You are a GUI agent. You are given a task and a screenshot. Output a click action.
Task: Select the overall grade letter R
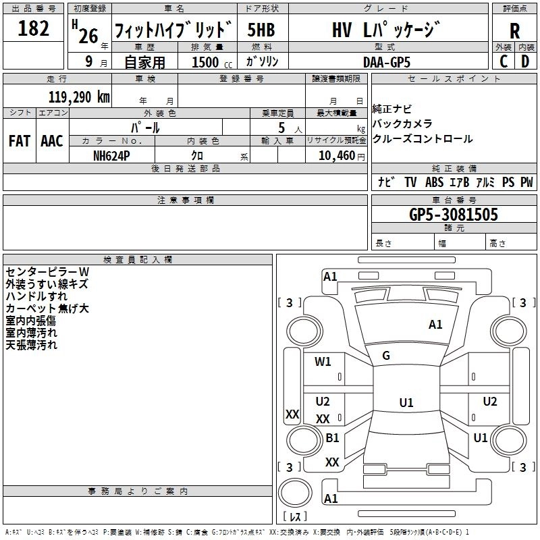[514, 30]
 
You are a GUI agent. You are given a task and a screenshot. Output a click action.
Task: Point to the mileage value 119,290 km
[79, 96]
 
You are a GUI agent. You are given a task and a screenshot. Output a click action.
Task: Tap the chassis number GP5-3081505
[454, 215]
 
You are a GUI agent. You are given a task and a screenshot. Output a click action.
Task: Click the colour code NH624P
[112, 155]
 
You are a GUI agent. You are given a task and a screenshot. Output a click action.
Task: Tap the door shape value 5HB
[261, 30]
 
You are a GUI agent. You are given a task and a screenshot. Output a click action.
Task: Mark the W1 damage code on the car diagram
[323, 361]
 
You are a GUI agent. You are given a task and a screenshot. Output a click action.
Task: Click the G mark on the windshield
[386, 356]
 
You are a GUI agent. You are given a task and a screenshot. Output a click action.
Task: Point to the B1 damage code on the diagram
[332, 438]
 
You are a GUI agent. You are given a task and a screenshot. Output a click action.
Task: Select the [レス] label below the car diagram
[294, 517]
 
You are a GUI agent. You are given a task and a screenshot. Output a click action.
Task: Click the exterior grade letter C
[503, 61]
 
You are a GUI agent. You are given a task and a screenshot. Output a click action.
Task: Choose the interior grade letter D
[525, 61]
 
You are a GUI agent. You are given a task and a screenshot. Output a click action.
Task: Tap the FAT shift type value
[19, 140]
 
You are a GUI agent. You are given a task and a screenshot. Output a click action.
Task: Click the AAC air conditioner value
[51, 140]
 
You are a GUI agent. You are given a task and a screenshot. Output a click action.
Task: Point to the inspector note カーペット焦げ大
[47, 308]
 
